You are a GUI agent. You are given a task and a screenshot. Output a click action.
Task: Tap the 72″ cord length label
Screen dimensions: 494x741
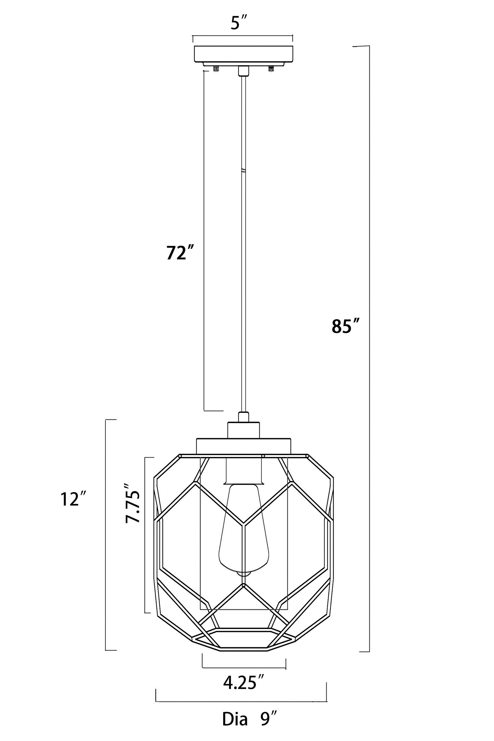pos(180,253)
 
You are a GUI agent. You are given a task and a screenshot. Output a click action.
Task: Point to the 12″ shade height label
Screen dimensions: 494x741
pos(74,499)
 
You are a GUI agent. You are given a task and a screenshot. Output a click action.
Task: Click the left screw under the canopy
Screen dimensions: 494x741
pos(216,69)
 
